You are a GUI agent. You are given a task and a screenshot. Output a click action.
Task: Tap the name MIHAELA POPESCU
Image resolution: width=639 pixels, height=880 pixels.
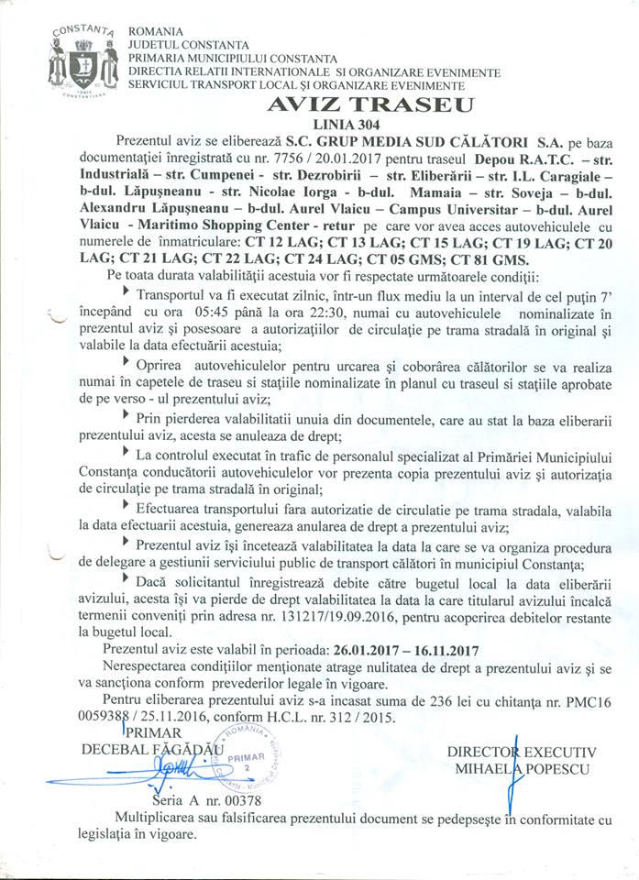[x=523, y=768]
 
